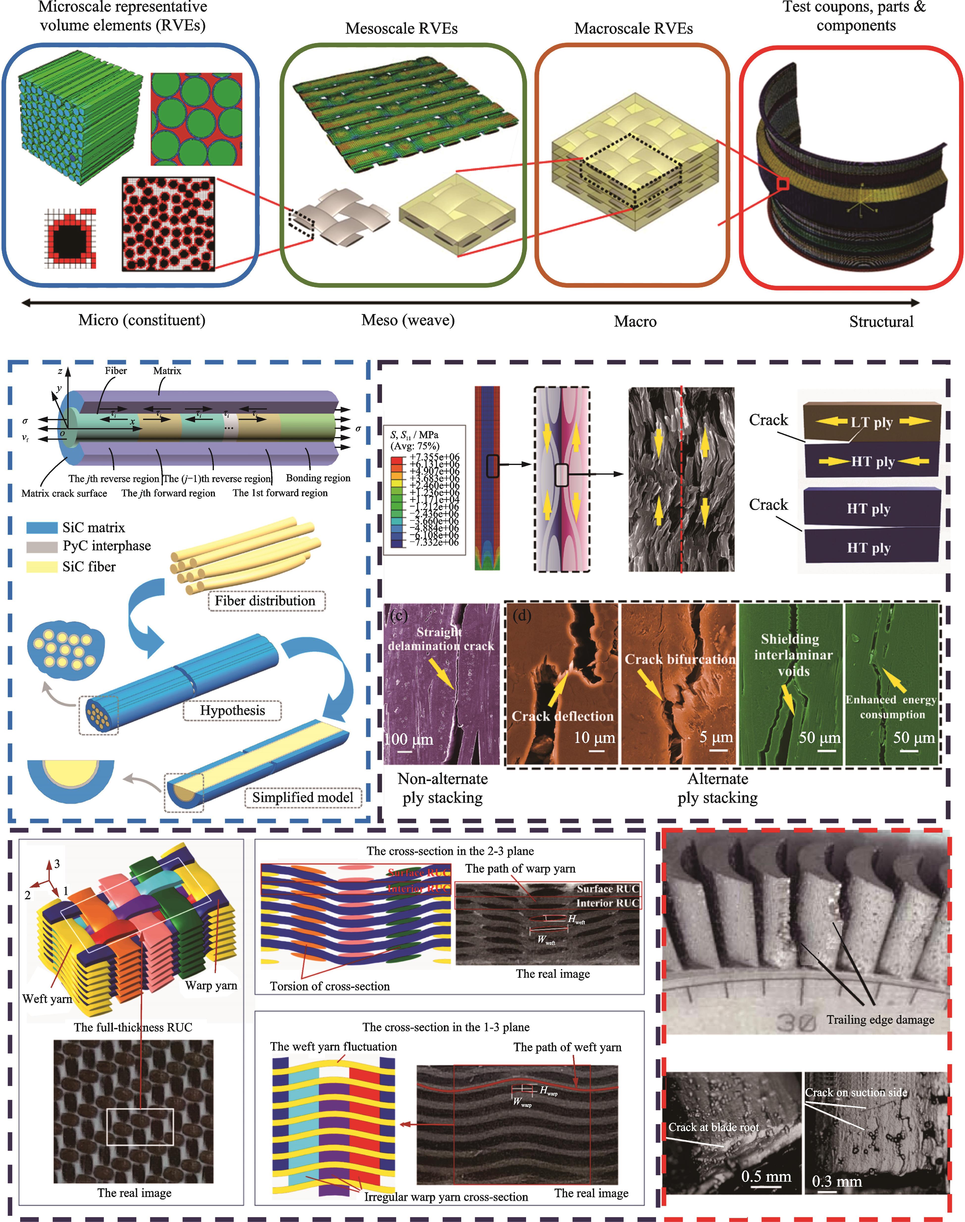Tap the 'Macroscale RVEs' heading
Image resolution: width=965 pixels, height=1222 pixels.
[x=633, y=29]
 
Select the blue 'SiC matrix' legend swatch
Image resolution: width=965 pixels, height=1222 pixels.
[x=42, y=527]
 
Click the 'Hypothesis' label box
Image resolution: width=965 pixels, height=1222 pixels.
[x=232, y=710]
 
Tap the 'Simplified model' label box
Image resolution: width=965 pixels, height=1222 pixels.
[x=303, y=797]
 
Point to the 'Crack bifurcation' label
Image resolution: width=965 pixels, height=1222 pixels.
[x=680, y=659]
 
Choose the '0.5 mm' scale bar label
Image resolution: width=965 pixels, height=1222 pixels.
[x=766, y=1176]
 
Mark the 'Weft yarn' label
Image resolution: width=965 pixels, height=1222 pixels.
[x=48, y=998]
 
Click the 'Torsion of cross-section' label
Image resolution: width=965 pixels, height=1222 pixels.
[x=330, y=986]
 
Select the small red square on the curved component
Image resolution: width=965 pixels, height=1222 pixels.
[x=783, y=184]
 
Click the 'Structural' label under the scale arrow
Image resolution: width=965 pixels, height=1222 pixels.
[x=881, y=322]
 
